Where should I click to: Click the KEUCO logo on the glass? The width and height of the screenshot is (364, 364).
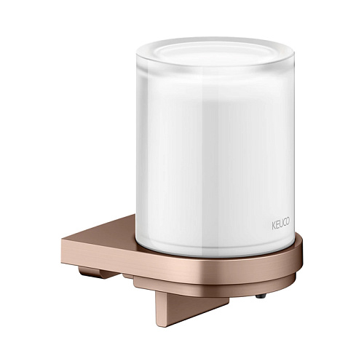point(280,224)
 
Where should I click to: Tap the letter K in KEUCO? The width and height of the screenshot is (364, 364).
point(273,226)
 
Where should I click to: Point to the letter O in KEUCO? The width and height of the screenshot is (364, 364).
point(288,222)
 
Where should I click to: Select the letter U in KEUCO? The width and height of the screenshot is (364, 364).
point(280,224)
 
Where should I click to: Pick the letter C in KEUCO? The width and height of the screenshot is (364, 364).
point(284,223)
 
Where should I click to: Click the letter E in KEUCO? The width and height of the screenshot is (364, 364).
point(277,225)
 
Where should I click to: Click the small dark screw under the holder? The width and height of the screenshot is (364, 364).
point(263,296)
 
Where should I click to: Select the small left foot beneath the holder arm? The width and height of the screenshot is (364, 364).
point(97,273)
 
